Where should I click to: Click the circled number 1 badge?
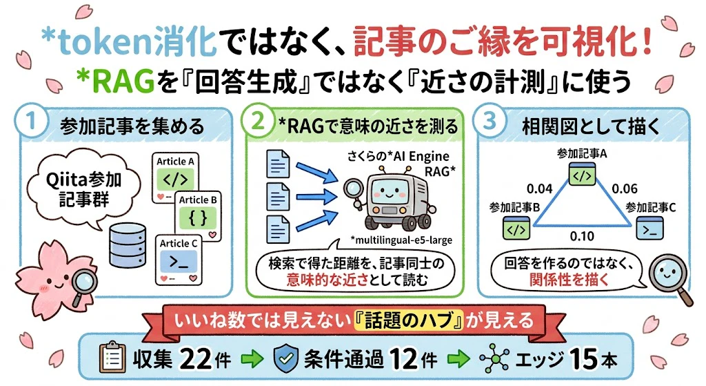click(x=30, y=122)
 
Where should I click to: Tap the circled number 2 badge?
click(x=258, y=120)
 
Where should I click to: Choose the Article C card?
click(x=179, y=260)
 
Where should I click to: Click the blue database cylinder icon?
click(x=128, y=246)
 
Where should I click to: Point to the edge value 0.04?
click(x=539, y=189)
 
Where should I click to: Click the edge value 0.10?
click(x=582, y=236)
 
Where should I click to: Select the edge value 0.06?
click(x=625, y=189)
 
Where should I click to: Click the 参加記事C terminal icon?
click(x=649, y=228)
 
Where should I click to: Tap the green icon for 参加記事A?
click(x=582, y=175)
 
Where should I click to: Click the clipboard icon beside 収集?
click(x=112, y=358)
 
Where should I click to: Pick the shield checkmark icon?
click(x=286, y=359)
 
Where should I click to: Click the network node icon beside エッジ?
click(x=494, y=359)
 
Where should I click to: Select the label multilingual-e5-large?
click(x=401, y=240)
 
